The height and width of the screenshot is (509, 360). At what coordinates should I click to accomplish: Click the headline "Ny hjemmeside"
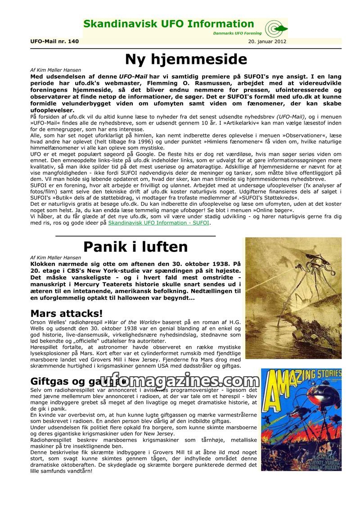coord(186,59)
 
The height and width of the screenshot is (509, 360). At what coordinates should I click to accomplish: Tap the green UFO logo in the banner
coord(276,29)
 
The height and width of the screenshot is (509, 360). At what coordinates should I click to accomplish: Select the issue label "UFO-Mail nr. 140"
coord(54,41)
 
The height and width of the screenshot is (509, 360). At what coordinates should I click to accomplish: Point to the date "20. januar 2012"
coord(267,41)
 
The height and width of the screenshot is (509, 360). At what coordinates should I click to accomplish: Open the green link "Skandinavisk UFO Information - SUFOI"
coord(159,222)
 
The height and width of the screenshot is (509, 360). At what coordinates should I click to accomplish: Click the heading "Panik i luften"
coord(135,247)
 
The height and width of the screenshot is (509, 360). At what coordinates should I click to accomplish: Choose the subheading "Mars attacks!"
coord(66,313)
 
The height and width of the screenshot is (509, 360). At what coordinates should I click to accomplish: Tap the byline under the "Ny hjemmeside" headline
coord(55,71)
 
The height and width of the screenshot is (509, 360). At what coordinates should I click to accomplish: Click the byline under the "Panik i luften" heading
coord(55,258)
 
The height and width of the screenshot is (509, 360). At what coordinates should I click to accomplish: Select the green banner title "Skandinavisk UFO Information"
coord(169,24)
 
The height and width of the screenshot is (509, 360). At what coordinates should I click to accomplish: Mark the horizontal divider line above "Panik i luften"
coord(135,235)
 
